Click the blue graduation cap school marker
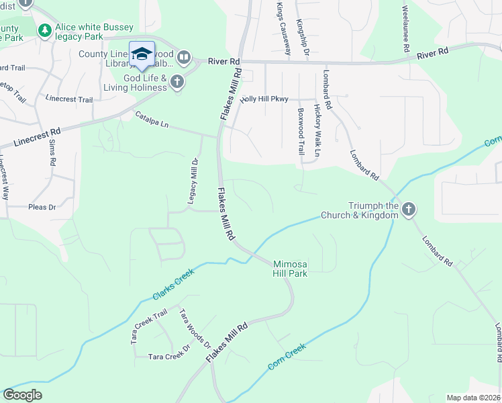click(x=142, y=54)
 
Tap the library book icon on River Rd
click(x=183, y=58)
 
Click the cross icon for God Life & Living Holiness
click(x=177, y=82)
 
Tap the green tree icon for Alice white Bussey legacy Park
click(x=45, y=30)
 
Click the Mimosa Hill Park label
click(x=290, y=268)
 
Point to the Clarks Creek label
click(x=173, y=284)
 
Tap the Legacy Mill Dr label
click(x=194, y=181)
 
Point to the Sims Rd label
click(x=52, y=154)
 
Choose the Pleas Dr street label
click(x=42, y=208)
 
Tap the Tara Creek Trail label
click(x=149, y=327)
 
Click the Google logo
click(x=22, y=395)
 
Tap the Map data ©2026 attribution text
click(x=472, y=398)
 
